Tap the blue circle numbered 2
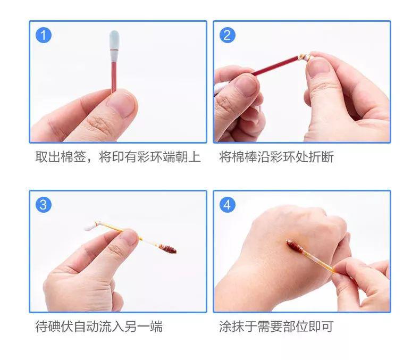[x=228, y=36]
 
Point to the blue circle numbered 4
[x=228, y=205]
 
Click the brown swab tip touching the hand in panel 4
[x=295, y=246]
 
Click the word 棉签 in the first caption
[x=74, y=157]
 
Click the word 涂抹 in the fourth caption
[x=230, y=326]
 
